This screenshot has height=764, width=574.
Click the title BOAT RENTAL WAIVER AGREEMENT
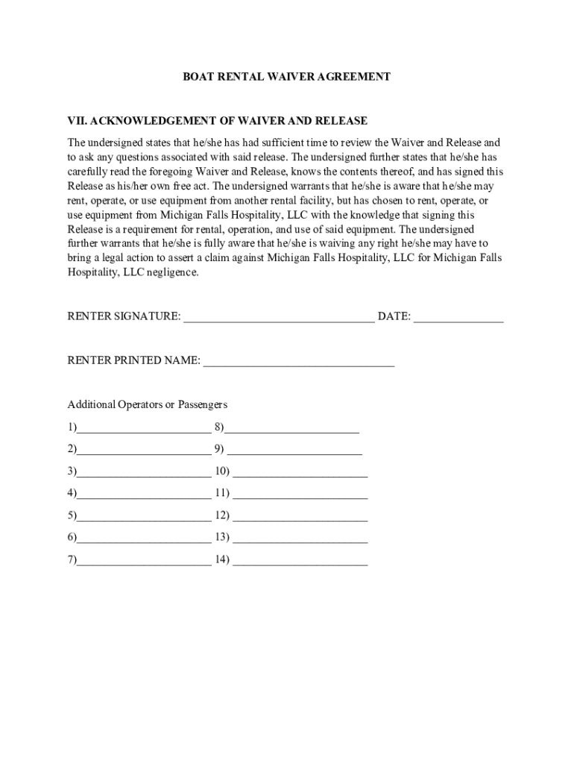coord(287,77)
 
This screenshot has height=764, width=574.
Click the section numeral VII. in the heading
coord(77,121)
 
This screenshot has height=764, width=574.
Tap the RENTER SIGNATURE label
coord(124,316)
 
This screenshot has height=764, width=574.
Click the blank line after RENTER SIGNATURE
coord(279,318)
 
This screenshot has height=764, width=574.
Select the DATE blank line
coord(458,318)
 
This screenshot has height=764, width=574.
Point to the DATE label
coord(394,316)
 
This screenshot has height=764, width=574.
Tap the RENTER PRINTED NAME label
coord(133,361)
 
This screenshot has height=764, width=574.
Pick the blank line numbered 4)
coord(143,495)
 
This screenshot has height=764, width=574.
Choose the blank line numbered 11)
coord(300,495)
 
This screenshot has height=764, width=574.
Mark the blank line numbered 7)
coord(143,561)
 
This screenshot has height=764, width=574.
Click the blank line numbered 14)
coord(300,561)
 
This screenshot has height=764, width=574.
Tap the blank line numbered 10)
coord(300,473)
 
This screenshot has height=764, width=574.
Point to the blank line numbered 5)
coord(143,517)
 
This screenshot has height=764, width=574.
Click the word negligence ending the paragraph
coord(174,272)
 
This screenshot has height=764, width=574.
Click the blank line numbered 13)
coord(300,539)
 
